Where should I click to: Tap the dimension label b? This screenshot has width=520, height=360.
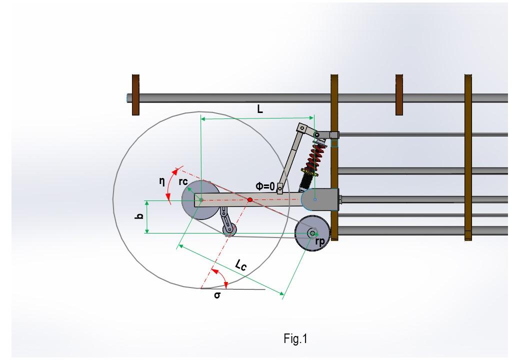(140, 216)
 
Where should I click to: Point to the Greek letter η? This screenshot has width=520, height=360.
(161, 182)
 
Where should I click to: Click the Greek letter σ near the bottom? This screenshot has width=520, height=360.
(217, 295)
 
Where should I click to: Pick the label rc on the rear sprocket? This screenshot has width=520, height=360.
(183, 181)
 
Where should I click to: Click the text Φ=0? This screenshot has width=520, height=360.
(265, 186)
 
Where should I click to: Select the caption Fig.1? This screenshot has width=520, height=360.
(295, 339)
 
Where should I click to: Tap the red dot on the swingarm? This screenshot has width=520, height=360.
(250, 200)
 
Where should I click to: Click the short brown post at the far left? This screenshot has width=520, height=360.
(135, 94)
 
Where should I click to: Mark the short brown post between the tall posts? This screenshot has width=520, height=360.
(399, 94)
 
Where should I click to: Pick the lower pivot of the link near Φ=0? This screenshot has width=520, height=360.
(280, 189)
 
